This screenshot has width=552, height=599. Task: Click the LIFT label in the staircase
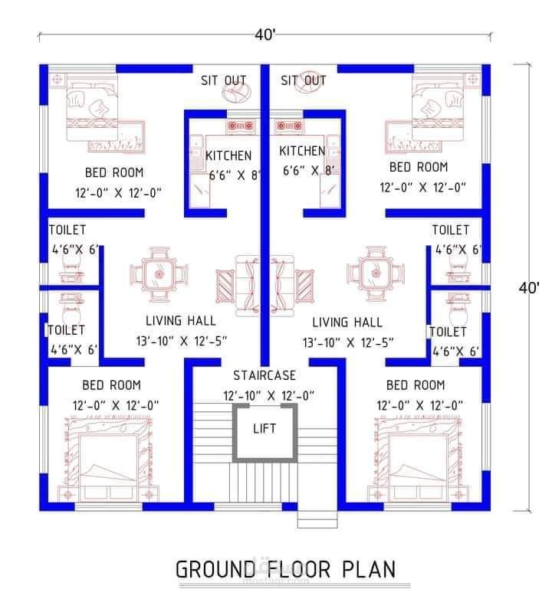(264, 429)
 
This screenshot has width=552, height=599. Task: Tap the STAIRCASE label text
(264, 375)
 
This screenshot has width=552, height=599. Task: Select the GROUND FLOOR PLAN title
(285, 569)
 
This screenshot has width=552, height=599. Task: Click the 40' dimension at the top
(265, 34)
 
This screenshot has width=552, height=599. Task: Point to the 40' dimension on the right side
(529, 288)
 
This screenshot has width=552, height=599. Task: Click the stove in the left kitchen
(241, 126)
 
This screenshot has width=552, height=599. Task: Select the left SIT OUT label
(224, 80)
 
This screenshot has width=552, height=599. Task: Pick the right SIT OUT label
(304, 80)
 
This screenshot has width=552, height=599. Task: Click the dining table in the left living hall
(159, 274)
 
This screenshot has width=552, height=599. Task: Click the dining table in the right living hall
(376, 273)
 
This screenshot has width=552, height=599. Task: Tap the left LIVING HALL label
(181, 321)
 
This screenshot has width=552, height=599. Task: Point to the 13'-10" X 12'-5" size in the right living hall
(348, 342)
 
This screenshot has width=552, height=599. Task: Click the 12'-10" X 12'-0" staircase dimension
(269, 396)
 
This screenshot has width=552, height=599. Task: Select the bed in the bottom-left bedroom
(109, 460)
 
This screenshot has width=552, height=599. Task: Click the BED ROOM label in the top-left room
(114, 172)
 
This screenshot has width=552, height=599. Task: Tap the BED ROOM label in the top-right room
(419, 167)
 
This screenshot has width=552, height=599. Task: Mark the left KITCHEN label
(228, 155)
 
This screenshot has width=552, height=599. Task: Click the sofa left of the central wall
(248, 286)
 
